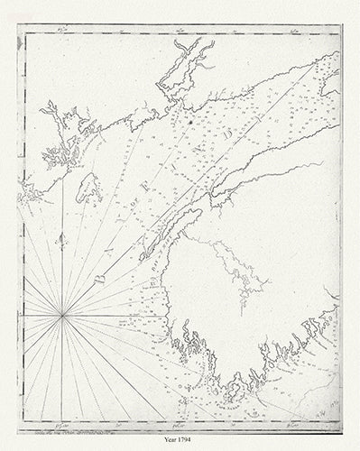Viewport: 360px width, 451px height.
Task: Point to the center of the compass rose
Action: tap(61, 315)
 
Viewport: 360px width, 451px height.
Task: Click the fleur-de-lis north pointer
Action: tap(61, 241)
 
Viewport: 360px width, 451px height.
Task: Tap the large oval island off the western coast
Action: tap(88, 188)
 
